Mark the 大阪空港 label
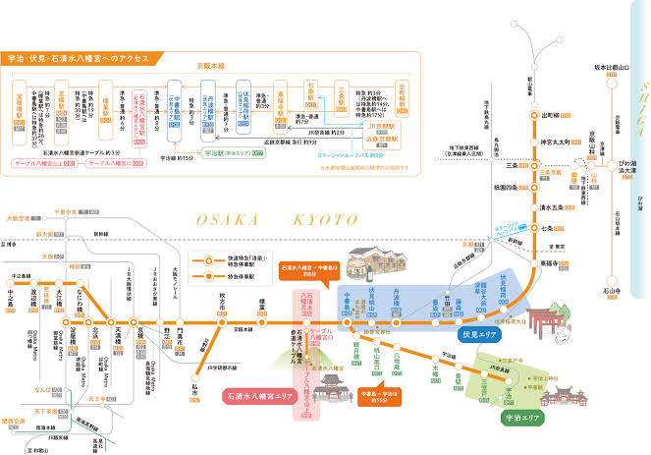click(15, 218)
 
